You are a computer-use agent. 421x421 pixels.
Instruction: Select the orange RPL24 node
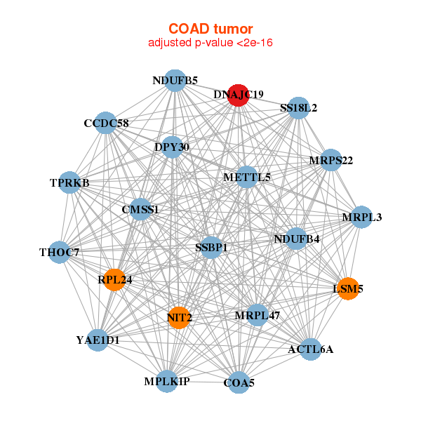pyautogui.click(x=114, y=279)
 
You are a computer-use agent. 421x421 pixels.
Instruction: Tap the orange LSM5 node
pyautogui.click(x=348, y=288)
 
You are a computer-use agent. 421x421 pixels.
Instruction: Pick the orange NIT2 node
pyautogui.click(x=179, y=317)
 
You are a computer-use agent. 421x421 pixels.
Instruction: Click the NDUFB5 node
pyautogui.click(x=175, y=81)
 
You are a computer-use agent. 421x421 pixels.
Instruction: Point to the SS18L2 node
pyautogui.click(x=299, y=107)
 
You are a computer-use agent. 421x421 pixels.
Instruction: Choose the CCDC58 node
pyautogui.click(x=105, y=123)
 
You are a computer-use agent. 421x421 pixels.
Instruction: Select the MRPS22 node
pyautogui.click(x=330, y=160)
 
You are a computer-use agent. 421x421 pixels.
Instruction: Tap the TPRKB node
pyautogui.click(x=69, y=182)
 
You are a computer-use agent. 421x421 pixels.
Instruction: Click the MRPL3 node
pyautogui.click(x=362, y=217)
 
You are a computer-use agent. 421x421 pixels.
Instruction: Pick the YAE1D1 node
pyautogui.click(x=98, y=340)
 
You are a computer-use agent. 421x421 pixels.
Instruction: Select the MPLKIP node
pyautogui.click(x=167, y=381)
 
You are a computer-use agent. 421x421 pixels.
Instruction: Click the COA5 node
pyautogui.click(x=239, y=382)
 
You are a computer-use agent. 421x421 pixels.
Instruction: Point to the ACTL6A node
pyautogui.click(x=311, y=348)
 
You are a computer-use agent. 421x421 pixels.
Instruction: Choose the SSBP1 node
pyautogui.click(x=210, y=247)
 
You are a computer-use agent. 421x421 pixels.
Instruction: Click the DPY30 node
pyautogui.click(x=172, y=147)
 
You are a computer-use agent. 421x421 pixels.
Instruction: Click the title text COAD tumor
pyautogui.click(x=210, y=29)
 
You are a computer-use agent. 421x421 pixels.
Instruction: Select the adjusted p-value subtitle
pyautogui.click(x=210, y=43)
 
